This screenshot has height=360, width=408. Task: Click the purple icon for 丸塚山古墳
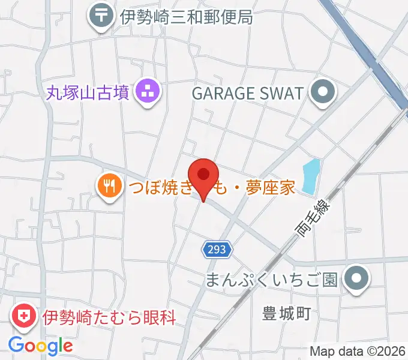click(x=148, y=92)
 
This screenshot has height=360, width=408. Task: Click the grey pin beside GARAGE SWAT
click(x=325, y=93)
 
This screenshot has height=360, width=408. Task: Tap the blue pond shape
click(x=310, y=176)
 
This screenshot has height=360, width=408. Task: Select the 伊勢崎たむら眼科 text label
click(x=109, y=317)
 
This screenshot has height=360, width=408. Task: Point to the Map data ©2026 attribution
click(x=358, y=351)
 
